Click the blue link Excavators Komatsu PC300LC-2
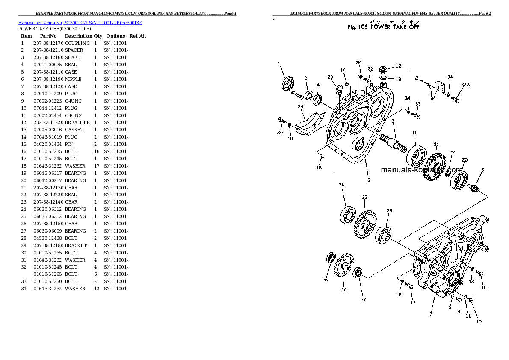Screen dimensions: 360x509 (80, 22)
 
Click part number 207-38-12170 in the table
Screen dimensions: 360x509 (48, 43)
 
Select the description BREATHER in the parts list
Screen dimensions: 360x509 (77, 122)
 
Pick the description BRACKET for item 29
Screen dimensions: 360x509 (76, 245)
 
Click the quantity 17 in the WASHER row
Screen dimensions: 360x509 (95, 166)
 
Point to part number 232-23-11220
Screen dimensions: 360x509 (48, 122)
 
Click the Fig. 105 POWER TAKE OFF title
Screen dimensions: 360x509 (384, 27)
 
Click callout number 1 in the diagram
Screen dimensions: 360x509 (279, 64)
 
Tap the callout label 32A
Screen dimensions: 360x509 (465, 84)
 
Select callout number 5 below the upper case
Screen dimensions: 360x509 (368, 180)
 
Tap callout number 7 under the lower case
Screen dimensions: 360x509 (430, 314)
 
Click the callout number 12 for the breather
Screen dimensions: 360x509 (398, 66)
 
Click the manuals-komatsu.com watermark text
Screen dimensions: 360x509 (421, 170)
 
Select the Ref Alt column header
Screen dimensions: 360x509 (138, 36)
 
